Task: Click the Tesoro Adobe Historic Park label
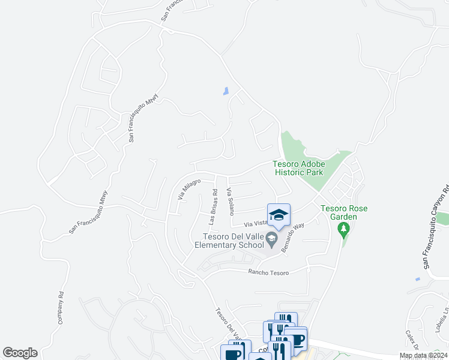pos(298,168)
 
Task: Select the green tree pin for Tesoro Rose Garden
pos(343,229)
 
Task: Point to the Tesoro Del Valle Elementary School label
pos(229,240)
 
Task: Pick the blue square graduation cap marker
pos(279,215)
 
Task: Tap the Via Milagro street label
pos(188,188)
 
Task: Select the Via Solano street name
pos(229,201)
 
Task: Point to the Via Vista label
pos(255,223)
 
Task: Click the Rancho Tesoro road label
pos(269,272)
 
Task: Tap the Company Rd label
pos(61,308)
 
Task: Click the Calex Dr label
pos(412,339)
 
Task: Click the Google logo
pos(20,353)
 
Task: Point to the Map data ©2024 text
pos(423,355)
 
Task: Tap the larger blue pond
pos(226,91)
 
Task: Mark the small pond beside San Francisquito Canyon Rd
pos(417,279)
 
